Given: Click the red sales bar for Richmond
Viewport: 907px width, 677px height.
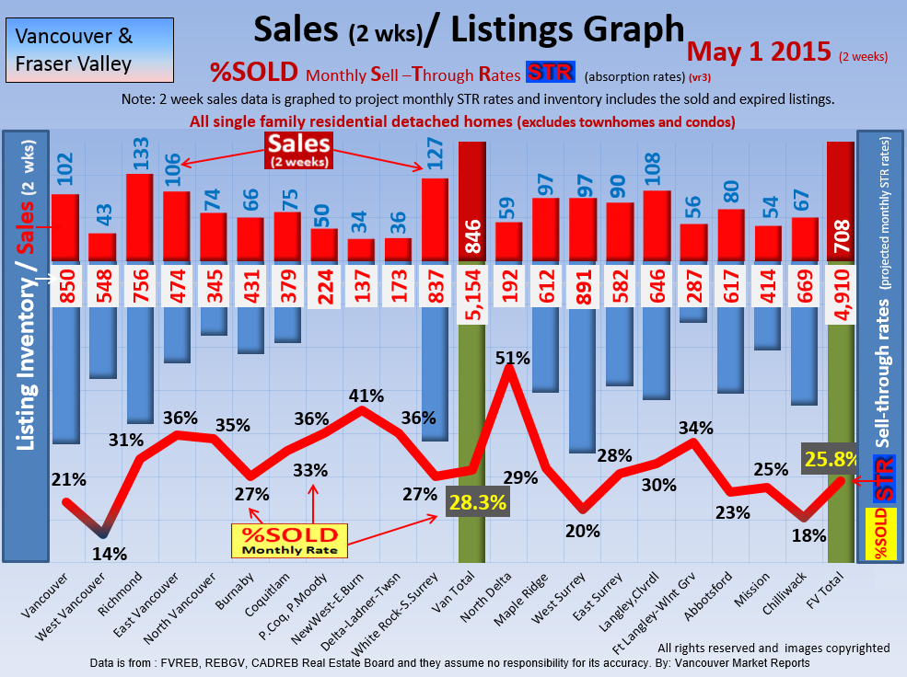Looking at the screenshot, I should pos(139,218).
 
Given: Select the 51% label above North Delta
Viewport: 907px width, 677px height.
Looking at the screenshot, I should pos(513,358).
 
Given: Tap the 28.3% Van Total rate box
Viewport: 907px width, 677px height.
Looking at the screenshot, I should pos(477,504).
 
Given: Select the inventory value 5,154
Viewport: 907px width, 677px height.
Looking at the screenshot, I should pos(471,285).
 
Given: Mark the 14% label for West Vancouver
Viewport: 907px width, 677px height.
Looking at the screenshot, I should pos(110,553).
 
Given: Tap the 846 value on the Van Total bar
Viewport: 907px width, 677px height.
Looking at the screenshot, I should pos(471,240).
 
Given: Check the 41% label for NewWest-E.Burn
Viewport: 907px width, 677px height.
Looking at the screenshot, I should pos(366,396).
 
